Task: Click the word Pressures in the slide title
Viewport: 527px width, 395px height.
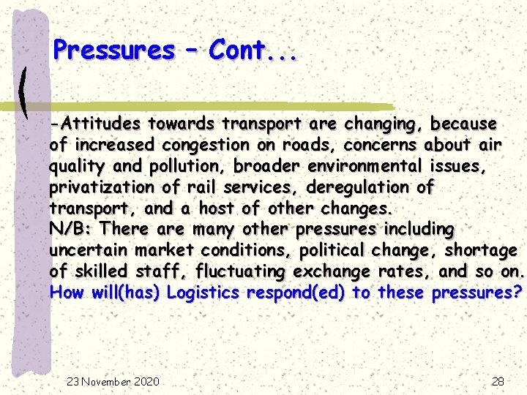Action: click(x=114, y=50)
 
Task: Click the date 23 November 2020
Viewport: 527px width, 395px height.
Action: click(x=113, y=381)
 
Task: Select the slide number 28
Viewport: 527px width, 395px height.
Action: click(x=498, y=381)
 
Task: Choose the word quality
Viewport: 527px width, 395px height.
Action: click(x=75, y=166)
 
